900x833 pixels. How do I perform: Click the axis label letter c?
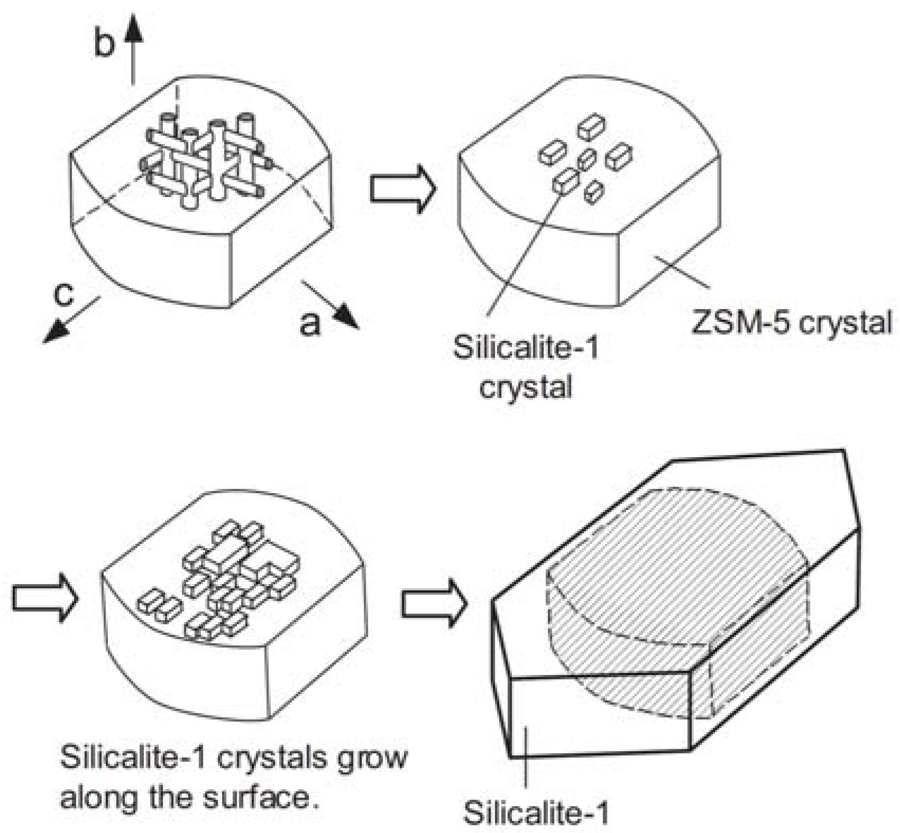tap(64, 294)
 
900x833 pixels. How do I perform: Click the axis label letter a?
tap(310, 322)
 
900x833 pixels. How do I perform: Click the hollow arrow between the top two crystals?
tap(402, 189)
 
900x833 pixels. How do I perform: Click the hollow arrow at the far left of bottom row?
tap(45, 597)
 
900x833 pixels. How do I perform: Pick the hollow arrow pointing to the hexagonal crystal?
tap(434, 604)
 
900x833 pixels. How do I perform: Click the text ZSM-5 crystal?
tap(792, 322)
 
